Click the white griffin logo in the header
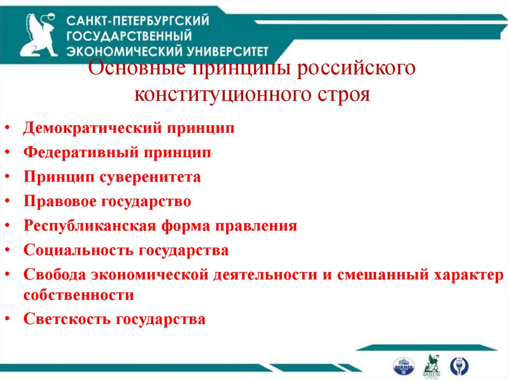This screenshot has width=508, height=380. [x=40, y=35]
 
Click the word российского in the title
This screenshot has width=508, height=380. [x=356, y=68]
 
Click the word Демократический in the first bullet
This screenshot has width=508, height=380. [x=92, y=128]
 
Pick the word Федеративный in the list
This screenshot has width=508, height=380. [x=80, y=153]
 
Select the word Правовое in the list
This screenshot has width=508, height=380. [x=60, y=201]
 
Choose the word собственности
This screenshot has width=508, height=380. [x=78, y=295]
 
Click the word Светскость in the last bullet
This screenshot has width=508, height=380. [x=67, y=319]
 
